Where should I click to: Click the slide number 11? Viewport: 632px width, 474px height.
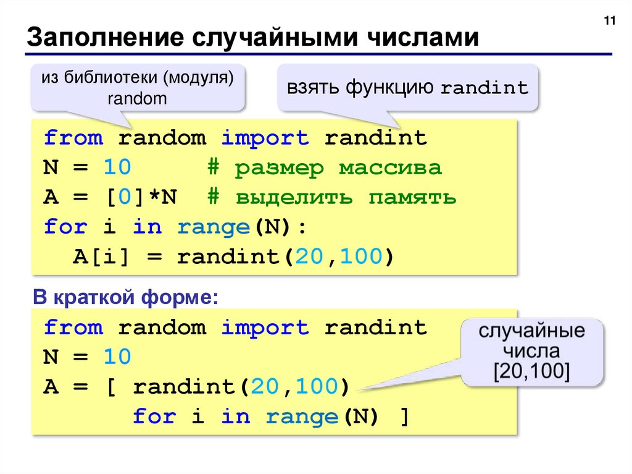[x=610, y=22]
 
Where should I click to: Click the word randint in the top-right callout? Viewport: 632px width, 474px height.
[x=484, y=88]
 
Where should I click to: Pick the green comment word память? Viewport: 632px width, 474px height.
[x=412, y=197]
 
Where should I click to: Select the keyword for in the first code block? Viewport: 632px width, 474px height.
[x=65, y=227]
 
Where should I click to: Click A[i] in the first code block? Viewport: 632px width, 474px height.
[x=102, y=256]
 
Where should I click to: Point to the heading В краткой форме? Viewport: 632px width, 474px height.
[x=125, y=298]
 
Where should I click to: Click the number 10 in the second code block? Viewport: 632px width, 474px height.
[x=117, y=357]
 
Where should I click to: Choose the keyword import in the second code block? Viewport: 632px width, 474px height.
[x=265, y=327]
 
